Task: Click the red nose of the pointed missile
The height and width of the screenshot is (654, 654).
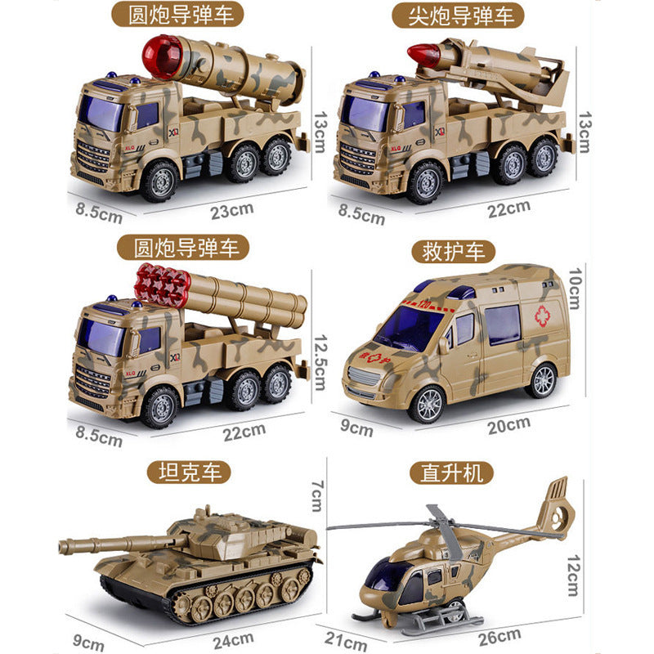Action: tap(421, 55)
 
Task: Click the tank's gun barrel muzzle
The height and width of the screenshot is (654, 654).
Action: tap(63, 546)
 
